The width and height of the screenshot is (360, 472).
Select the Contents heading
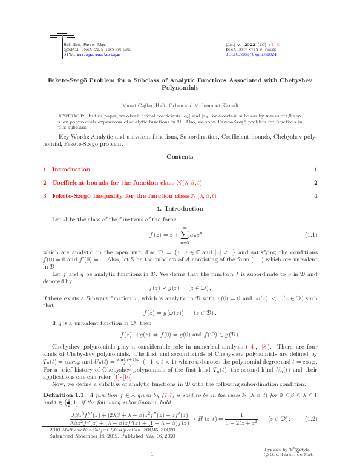[x=180, y=157]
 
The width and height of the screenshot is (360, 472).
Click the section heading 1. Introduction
[x=180, y=209]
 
